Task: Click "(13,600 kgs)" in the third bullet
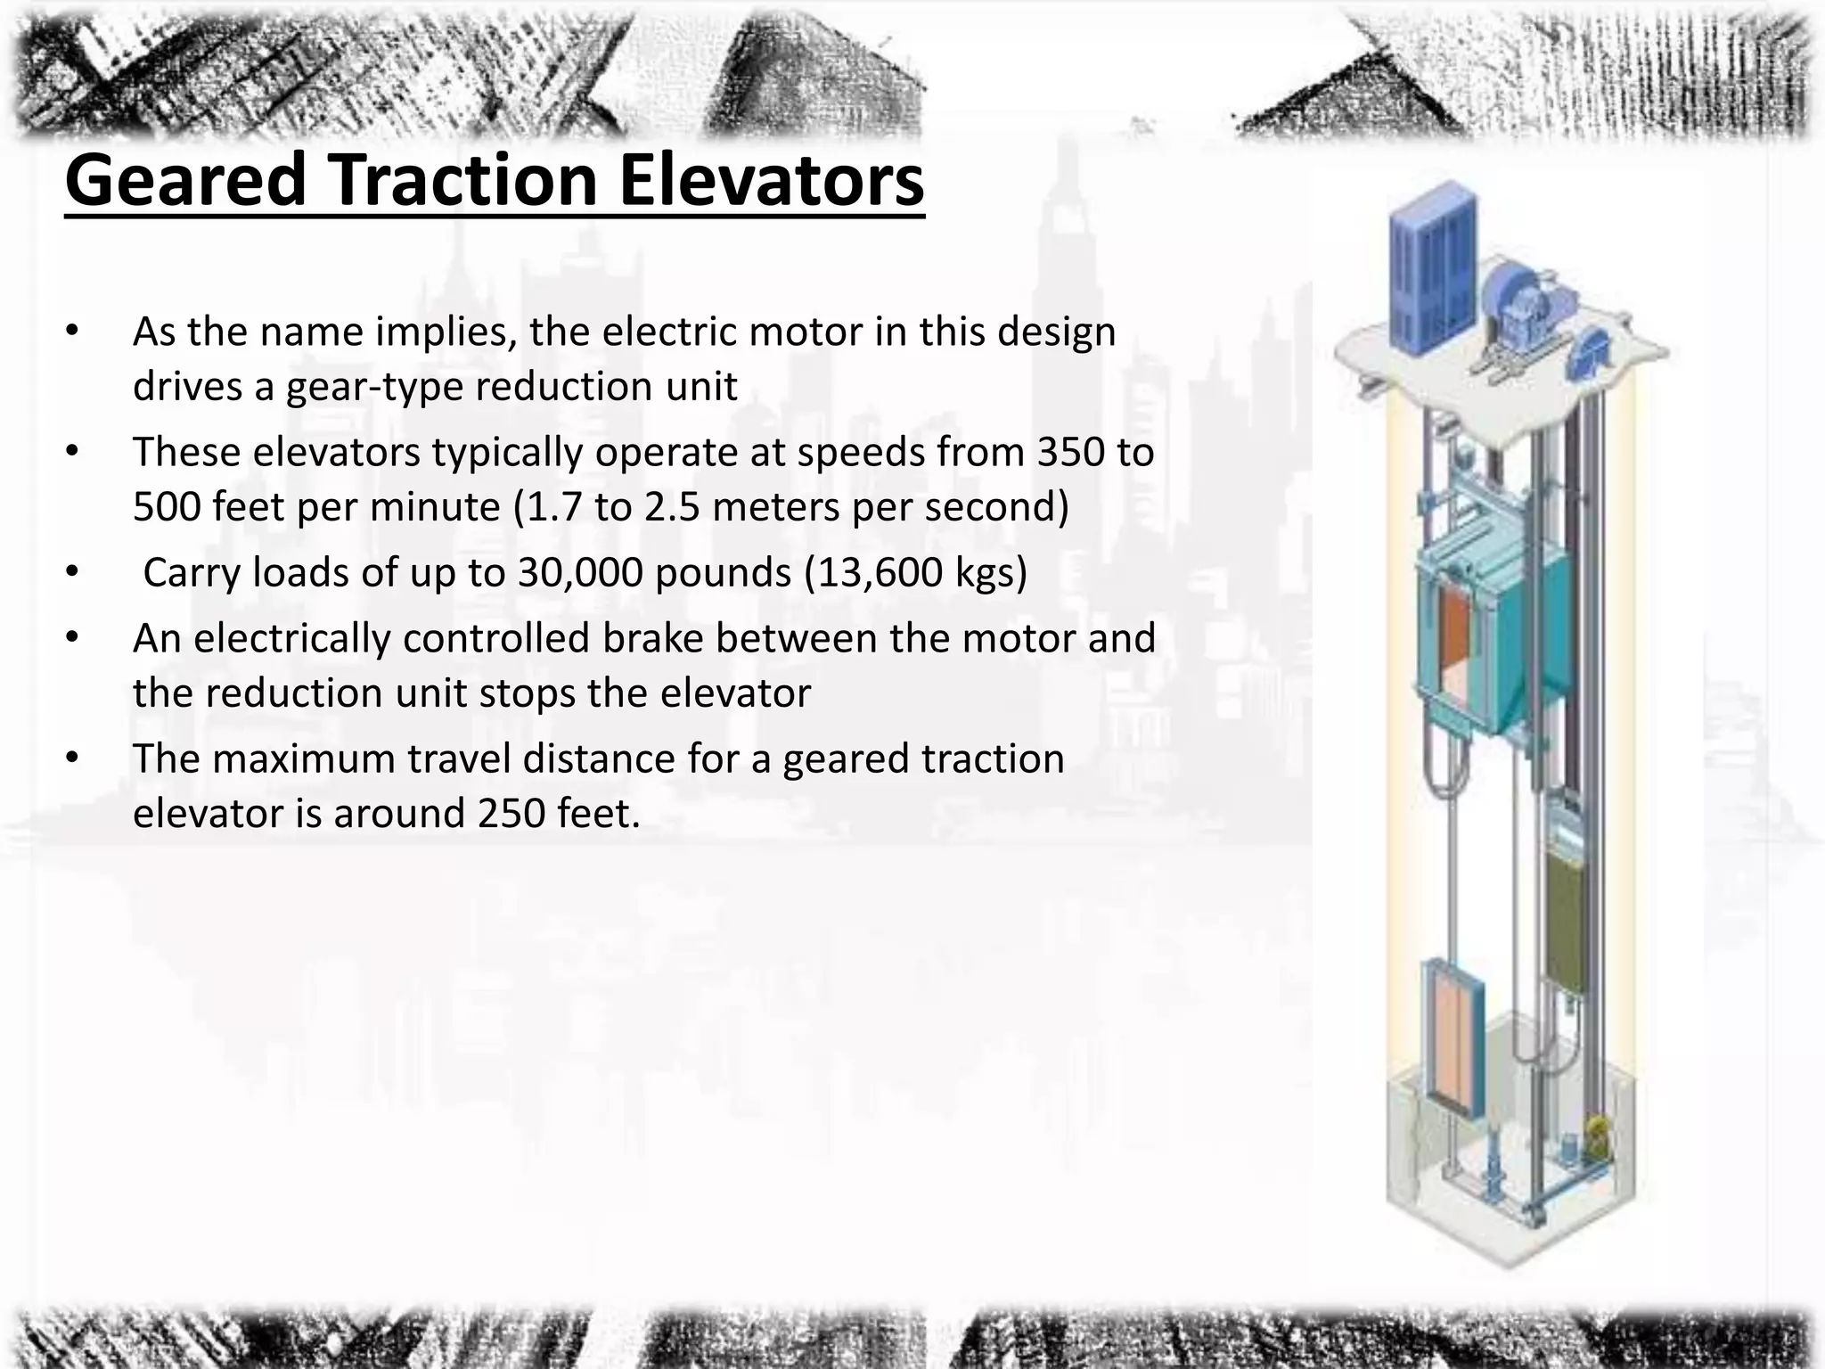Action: pos(916,572)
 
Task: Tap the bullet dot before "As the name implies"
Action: pos(72,332)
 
